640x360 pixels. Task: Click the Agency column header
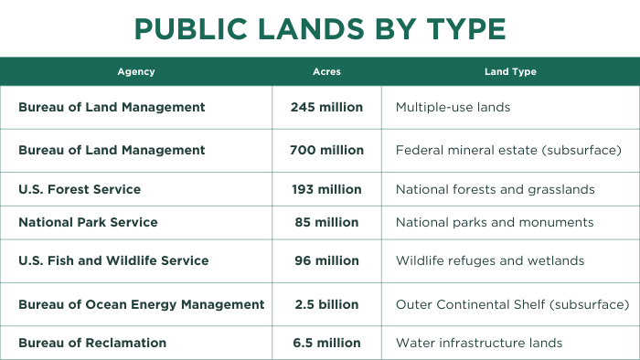point(136,71)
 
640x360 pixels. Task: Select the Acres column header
point(326,71)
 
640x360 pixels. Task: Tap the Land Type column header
point(510,71)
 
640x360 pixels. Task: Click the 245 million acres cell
point(326,107)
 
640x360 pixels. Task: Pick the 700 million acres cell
point(326,150)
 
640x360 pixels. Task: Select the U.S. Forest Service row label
point(80,189)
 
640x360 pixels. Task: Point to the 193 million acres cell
point(326,189)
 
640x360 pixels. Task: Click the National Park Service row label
point(88,222)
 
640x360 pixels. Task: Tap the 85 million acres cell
point(326,222)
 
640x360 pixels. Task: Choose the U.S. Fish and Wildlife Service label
point(113,260)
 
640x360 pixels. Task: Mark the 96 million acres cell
point(326,260)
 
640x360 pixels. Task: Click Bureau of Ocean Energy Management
point(142,304)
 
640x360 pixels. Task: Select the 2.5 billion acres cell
point(326,304)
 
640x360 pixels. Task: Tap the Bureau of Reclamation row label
point(92,343)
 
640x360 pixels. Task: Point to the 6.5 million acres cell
point(326,343)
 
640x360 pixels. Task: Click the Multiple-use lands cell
point(453,107)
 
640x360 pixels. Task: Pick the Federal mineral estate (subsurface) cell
point(508,150)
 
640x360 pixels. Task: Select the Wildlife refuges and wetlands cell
point(490,260)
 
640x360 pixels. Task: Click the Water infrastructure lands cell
point(479,343)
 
